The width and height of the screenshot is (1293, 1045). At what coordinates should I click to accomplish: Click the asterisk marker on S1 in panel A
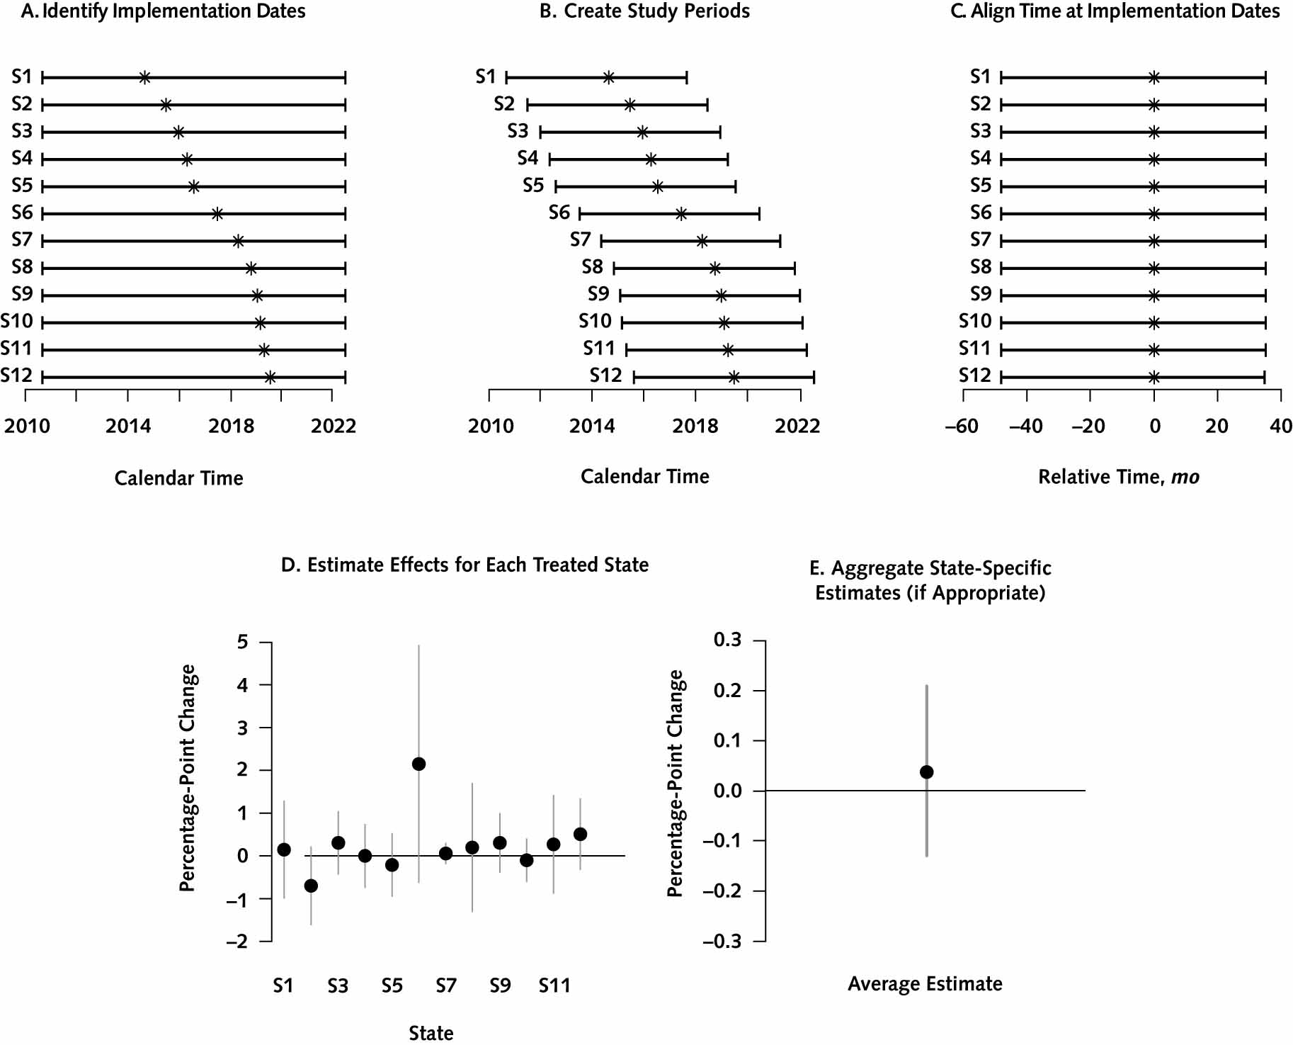144,77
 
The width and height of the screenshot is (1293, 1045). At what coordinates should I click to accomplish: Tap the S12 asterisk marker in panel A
270,378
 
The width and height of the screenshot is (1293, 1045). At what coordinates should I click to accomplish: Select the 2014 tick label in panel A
128,426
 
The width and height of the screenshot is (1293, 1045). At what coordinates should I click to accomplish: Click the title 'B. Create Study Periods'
644,11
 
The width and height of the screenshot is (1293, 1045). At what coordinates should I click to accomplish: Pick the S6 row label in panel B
559,213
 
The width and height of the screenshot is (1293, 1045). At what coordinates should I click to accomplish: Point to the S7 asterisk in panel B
702,242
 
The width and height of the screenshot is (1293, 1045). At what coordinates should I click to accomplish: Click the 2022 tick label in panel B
797,426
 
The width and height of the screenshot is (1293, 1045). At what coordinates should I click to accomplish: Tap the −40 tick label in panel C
1026,426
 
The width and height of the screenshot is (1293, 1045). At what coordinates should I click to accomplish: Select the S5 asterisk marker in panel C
1154,187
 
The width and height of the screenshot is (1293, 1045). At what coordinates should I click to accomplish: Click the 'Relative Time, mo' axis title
1119,477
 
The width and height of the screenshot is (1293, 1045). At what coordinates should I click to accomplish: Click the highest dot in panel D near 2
418,764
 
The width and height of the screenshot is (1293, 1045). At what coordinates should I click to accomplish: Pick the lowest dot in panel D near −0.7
311,886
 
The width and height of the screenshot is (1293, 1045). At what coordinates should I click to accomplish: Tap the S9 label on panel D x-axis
500,985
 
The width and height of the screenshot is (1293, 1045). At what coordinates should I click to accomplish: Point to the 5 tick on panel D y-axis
243,642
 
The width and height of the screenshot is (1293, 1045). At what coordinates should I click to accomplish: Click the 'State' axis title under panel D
431,1033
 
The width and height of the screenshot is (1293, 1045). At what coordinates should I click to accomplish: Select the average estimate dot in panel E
926,772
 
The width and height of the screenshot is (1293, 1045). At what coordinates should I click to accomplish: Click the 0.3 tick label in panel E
727,640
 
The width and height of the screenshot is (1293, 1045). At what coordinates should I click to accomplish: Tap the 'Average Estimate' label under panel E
925,983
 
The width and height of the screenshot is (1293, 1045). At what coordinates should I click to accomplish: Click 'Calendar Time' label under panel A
178,478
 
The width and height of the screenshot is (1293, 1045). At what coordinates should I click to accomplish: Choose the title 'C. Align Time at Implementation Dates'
1115,11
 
